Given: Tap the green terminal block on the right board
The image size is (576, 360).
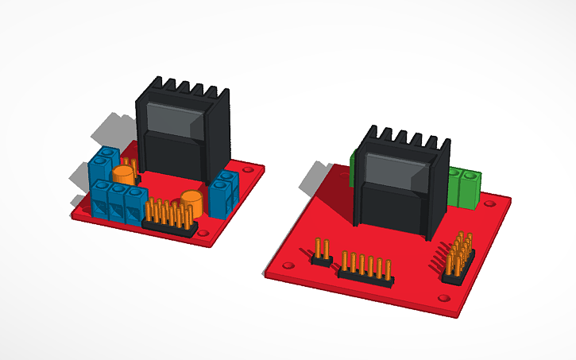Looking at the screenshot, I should coord(465,185).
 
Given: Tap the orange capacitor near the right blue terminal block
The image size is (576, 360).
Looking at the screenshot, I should coord(193,201).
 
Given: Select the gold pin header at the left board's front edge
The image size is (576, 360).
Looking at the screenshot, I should coord(169,219).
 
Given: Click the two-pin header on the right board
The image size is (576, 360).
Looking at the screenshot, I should coord(321,252).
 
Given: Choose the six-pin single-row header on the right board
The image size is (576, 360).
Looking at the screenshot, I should coord(365,269).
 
